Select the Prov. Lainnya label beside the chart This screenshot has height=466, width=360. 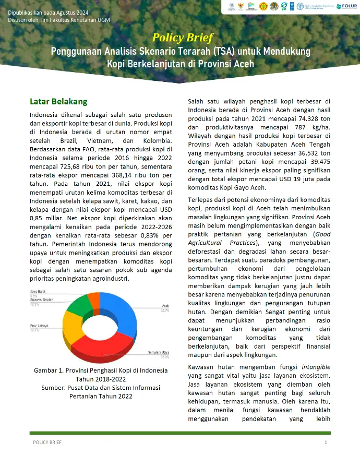coord(40,326)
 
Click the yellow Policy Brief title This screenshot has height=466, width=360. coord(179,38)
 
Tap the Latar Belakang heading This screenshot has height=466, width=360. coord(58,101)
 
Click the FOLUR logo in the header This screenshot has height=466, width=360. coord(346,6)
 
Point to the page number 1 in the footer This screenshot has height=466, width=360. coord(326,443)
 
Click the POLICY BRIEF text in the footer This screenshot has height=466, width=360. coord(47,443)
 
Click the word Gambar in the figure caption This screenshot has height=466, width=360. coord(47,370)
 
